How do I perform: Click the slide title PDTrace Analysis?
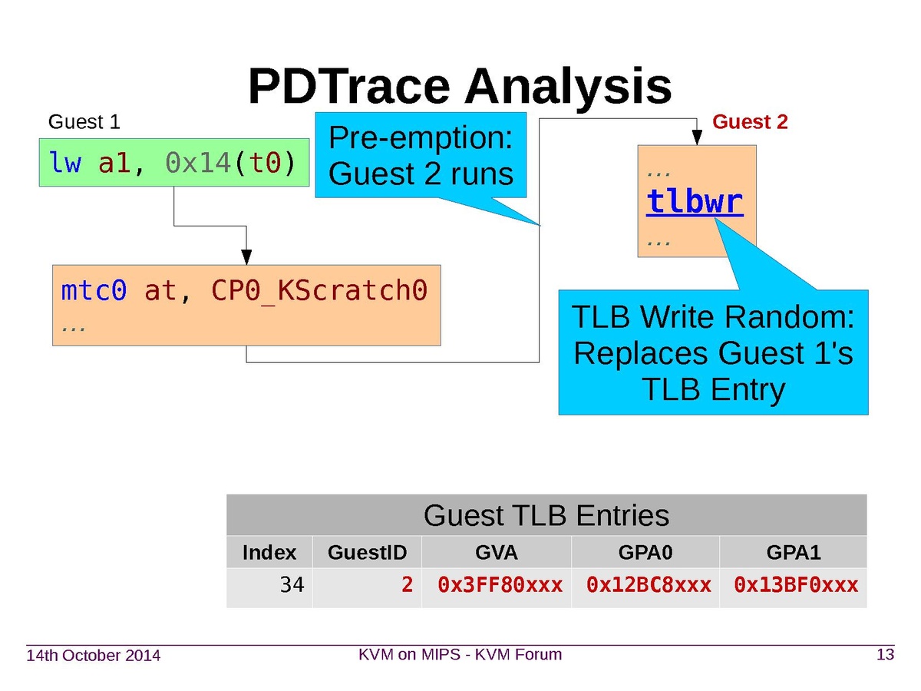pyautogui.click(x=460, y=86)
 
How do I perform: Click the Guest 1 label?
pyautogui.click(x=84, y=122)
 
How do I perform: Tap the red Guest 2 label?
pyautogui.click(x=750, y=122)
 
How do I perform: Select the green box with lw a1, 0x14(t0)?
pyautogui.click(x=173, y=163)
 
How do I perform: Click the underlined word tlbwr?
pyautogui.click(x=695, y=202)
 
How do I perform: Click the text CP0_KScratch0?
pyautogui.click(x=318, y=291)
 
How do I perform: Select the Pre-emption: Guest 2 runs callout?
pyautogui.click(x=421, y=157)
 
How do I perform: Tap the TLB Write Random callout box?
pyautogui.click(x=713, y=353)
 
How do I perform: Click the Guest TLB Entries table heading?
pyautogui.click(x=546, y=515)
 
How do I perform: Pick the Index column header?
pyautogui.click(x=269, y=552)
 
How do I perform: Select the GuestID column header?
pyautogui.click(x=367, y=552)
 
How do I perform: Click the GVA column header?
pyautogui.click(x=496, y=552)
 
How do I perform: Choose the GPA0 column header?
pyautogui.click(x=645, y=552)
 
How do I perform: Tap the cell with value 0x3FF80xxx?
pyautogui.click(x=500, y=586)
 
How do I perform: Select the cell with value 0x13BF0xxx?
pyautogui.click(x=796, y=586)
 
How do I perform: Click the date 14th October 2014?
pyautogui.click(x=94, y=656)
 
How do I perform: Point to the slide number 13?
pyautogui.click(x=885, y=655)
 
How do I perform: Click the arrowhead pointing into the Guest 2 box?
pyautogui.click(x=697, y=138)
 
